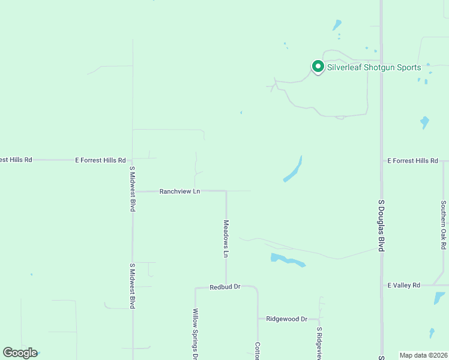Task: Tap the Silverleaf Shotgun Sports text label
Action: coord(374,67)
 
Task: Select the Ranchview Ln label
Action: coord(179,191)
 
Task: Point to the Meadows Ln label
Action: coord(226,239)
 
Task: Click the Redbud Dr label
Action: coord(225,287)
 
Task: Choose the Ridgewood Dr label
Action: coord(287,319)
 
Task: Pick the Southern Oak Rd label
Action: coord(443,225)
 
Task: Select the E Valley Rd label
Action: coord(403,285)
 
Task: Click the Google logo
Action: coord(20,353)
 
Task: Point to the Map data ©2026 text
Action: coord(423,355)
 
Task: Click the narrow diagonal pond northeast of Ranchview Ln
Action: coord(293,170)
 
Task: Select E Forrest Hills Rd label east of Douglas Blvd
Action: coord(413,161)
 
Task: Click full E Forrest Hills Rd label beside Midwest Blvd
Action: coord(100,160)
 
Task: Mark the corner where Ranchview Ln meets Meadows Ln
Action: coord(226,191)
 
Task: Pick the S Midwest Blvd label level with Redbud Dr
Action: coord(132,286)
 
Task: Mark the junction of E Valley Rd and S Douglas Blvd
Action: coord(381,286)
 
